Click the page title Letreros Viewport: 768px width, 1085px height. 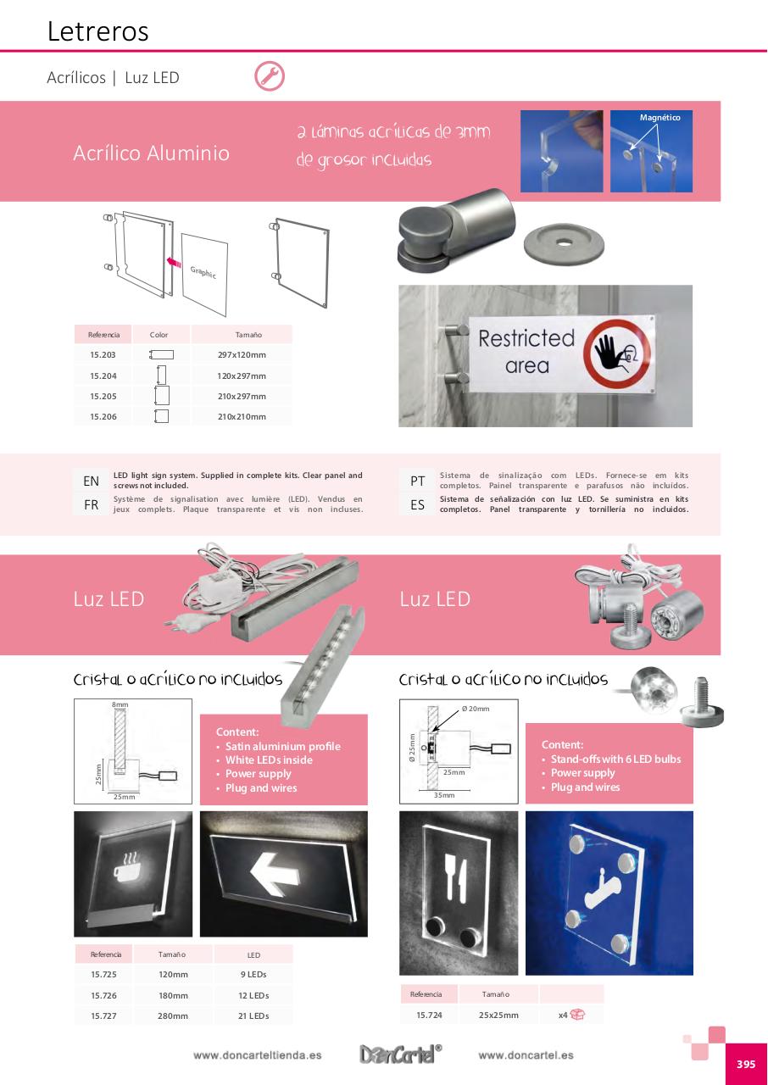(x=97, y=31)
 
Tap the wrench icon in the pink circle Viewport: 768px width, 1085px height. (x=270, y=76)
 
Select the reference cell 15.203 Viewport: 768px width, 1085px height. (x=103, y=355)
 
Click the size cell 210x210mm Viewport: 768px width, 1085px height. (x=242, y=416)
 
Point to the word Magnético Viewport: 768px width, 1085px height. (x=659, y=118)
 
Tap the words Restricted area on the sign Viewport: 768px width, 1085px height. (x=526, y=352)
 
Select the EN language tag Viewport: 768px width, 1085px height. (x=91, y=481)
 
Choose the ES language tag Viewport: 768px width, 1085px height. (x=417, y=505)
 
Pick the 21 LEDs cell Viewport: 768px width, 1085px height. (x=253, y=1015)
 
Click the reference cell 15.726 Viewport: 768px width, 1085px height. (x=103, y=995)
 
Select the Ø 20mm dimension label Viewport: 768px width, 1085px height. (x=476, y=709)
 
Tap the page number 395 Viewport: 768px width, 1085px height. (x=745, y=1065)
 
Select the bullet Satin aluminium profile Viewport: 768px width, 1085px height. (x=282, y=746)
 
